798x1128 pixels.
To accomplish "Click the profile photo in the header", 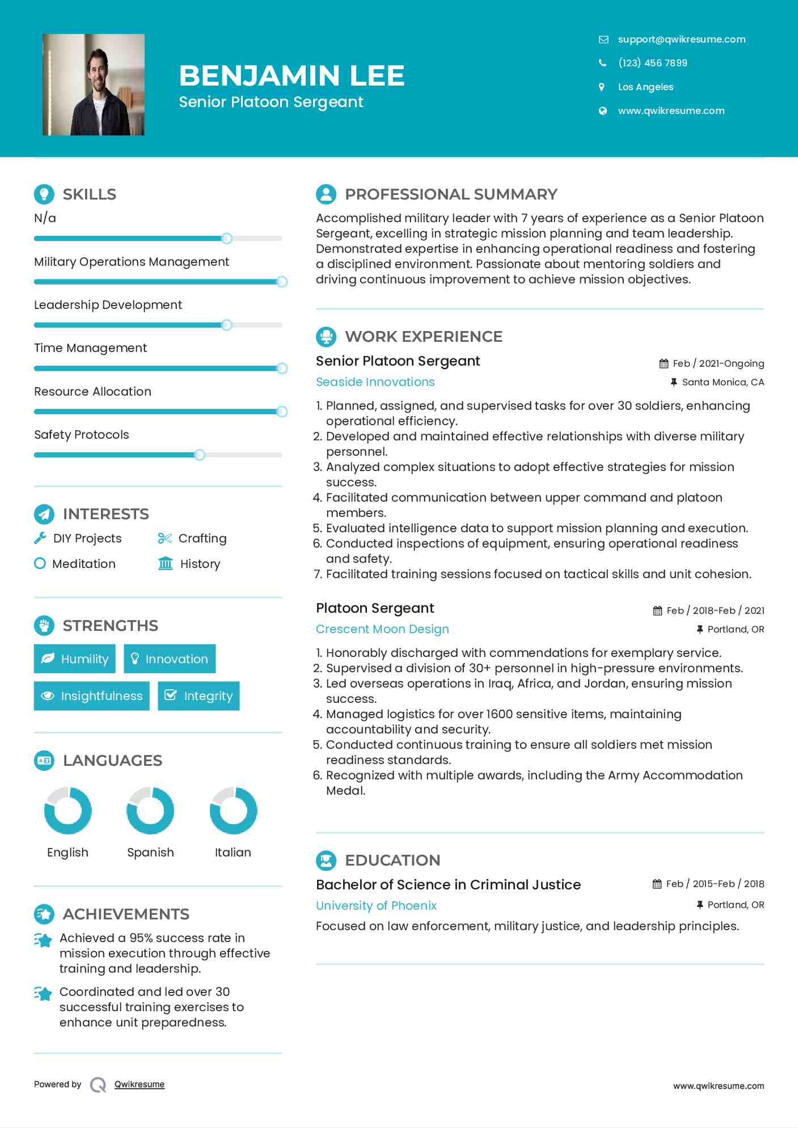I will [x=94, y=84].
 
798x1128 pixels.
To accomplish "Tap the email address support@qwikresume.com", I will [x=681, y=39].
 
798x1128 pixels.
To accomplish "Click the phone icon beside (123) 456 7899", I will [x=602, y=63].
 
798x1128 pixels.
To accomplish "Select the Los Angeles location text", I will [x=645, y=87].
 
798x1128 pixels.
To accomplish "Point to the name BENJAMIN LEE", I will [x=292, y=75].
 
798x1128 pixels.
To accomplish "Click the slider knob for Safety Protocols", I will [x=199, y=455].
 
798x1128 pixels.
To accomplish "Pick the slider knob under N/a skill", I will [x=226, y=238].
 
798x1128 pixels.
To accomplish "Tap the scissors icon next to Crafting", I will [x=164, y=538].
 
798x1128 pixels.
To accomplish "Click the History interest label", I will [x=200, y=563].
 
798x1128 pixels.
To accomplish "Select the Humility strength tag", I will [x=75, y=659].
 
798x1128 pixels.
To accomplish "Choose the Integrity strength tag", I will [x=199, y=696].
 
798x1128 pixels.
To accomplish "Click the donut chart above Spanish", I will [x=150, y=811].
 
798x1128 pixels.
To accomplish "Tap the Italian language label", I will [x=233, y=852].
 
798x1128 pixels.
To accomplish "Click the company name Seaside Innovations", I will [x=375, y=381].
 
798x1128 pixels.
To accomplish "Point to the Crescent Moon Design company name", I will [x=382, y=629].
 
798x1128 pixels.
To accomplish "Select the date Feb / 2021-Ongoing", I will [x=718, y=363].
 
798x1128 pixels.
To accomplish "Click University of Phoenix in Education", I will [x=376, y=905].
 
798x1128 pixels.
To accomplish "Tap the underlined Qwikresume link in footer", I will [x=140, y=1084].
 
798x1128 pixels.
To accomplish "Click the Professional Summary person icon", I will [x=326, y=194].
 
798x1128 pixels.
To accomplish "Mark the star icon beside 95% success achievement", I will [x=43, y=940].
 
